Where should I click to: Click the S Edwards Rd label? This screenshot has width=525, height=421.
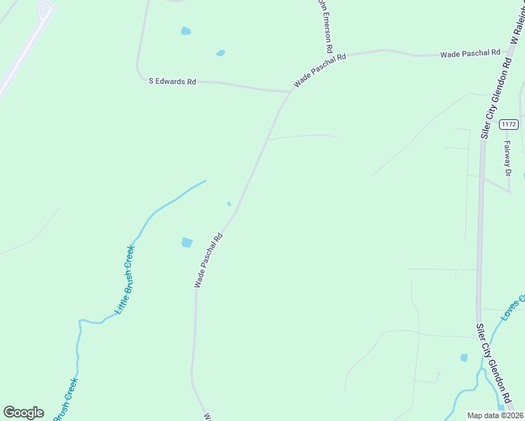(x=172, y=81)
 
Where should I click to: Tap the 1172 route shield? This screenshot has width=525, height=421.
(x=509, y=124)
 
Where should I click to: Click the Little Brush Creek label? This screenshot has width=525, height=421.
(x=124, y=279)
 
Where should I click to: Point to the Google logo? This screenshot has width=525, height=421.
(x=23, y=413)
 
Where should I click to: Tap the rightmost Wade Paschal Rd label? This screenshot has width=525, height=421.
(x=470, y=53)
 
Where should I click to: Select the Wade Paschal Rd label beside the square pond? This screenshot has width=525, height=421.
(x=208, y=260)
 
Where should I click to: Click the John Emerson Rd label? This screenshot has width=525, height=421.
(x=324, y=27)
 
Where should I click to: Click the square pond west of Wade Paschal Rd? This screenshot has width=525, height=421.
(x=187, y=242)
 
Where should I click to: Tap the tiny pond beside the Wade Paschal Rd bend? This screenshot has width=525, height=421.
(x=229, y=203)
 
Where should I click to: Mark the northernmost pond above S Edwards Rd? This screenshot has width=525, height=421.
(x=185, y=31)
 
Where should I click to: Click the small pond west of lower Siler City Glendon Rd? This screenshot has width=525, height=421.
(x=464, y=358)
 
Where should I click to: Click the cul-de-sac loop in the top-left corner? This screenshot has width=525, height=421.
(x=46, y=10)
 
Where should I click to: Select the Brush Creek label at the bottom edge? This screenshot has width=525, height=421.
(x=65, y=400)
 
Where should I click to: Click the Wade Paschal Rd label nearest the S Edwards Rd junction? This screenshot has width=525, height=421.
(x=320, y=70)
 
